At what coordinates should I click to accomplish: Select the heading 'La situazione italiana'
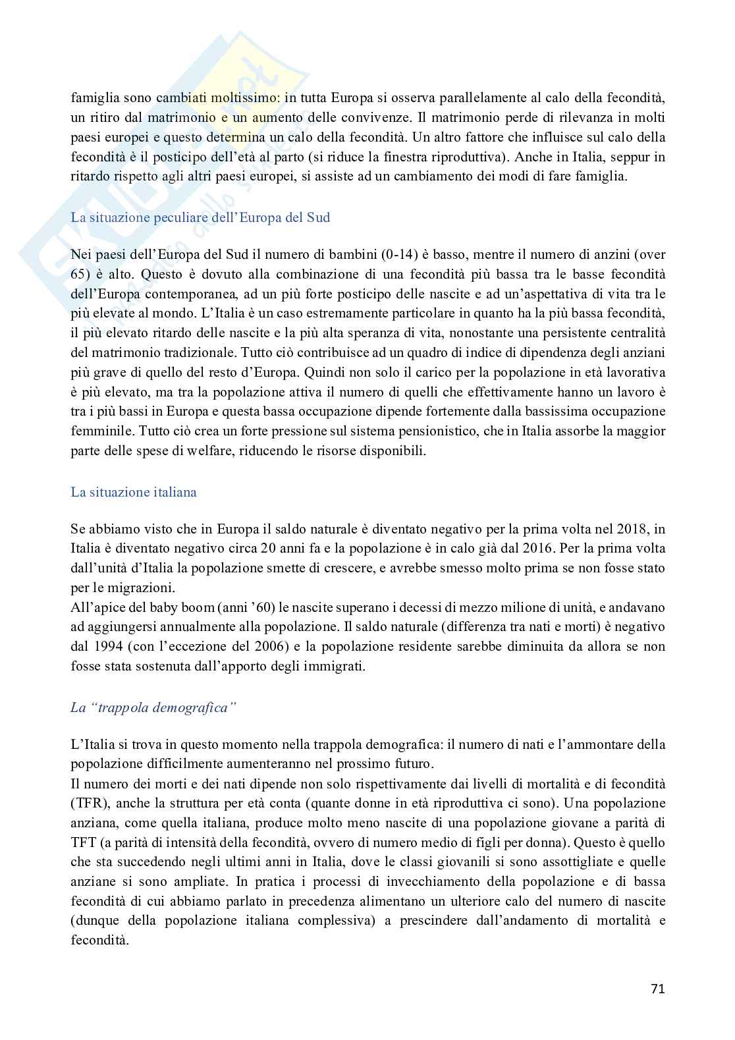coord(134,492)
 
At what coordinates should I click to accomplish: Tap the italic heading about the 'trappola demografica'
coord(153,708)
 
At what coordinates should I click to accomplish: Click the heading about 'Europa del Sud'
coord(200,217)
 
